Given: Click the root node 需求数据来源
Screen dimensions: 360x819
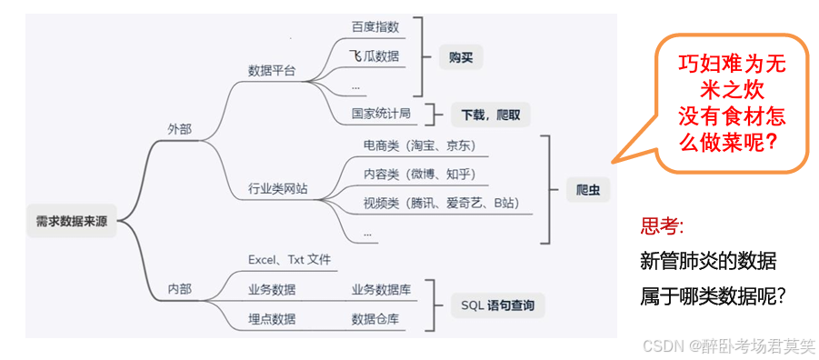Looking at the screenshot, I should coord(73,219).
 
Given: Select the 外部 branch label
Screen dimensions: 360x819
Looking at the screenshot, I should coord(180,129).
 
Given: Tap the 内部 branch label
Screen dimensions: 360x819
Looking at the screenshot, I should coord(180,289).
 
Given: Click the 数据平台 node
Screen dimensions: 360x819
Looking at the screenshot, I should coord(272,71).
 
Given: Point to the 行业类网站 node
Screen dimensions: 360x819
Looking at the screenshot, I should coord(278,189).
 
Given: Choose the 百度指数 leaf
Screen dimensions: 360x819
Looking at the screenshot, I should coord(375,26).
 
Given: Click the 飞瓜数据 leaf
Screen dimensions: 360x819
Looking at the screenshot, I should coord(375,56).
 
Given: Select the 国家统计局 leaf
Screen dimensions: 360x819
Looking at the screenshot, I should coord(381,114).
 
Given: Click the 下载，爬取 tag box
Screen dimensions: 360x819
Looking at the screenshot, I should coord(491,115).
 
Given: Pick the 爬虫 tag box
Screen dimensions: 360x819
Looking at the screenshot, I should coord(587,189).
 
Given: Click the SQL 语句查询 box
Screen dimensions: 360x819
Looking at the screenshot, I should coord(497,305).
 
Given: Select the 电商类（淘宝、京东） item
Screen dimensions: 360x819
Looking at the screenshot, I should coord(419,145).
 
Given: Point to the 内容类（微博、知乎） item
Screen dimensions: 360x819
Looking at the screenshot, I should coord(419,174).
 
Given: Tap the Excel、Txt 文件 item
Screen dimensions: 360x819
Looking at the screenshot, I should coord(289,260).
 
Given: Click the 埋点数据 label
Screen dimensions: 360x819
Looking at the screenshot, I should coord(272,319).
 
